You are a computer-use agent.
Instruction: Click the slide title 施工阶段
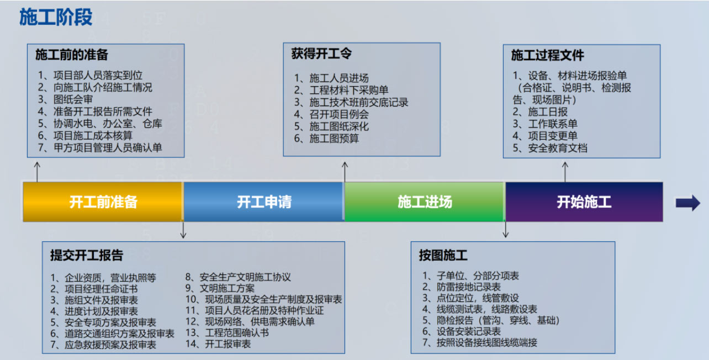click(x=56, y=17)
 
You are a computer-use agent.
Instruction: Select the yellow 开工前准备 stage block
click(x=103, y=202)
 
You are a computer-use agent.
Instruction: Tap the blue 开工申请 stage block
click(x=264, y=202)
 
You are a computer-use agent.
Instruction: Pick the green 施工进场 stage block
click(x=425, y=202)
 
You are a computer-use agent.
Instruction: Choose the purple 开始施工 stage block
click(x=584, y=202)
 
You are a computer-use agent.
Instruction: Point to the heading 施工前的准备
click(x=72, y=55)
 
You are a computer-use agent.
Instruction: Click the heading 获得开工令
click(x=321, y=54)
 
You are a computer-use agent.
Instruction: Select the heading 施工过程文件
click(x=547, y=55)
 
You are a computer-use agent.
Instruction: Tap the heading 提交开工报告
click(x=87, y=255)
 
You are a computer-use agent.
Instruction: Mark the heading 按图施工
click(x=443, y=255)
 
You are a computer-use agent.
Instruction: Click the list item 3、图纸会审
click(x=66, y=99)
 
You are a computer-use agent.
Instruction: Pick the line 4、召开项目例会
click(x=331, y=114)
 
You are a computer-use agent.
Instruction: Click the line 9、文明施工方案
click(x=220, y=288)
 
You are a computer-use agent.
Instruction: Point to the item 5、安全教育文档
click(x=550, y=148)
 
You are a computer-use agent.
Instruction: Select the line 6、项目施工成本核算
click(x=86, y=135)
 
